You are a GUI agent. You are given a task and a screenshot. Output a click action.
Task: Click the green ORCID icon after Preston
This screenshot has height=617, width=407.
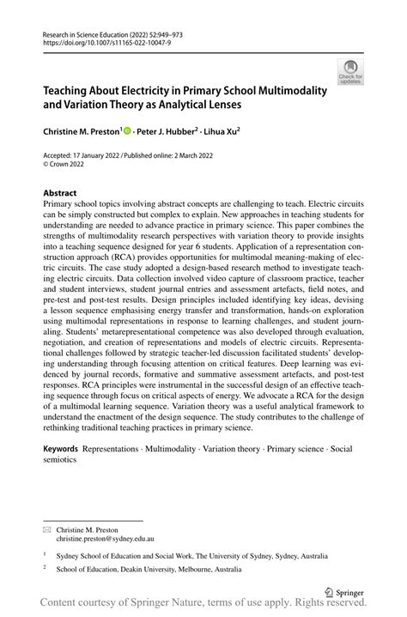click(x=128, y=131)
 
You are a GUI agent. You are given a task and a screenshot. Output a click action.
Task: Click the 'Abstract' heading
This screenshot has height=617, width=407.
click(x=59, y=193)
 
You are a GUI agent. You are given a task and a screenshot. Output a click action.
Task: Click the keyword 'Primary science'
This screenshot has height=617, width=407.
click(x=297, y=449)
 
